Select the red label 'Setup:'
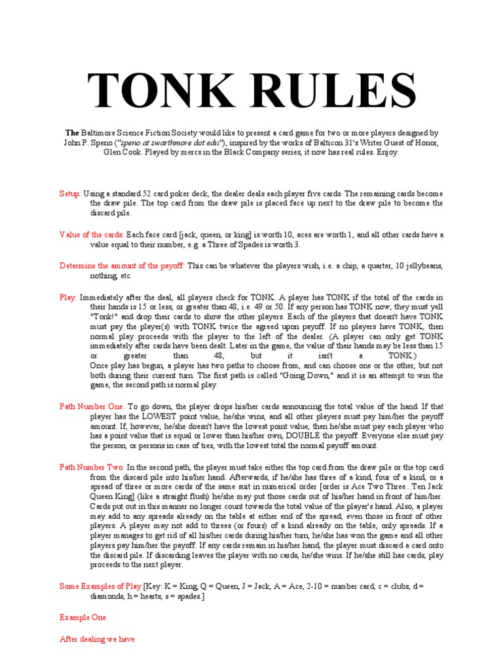point(70,194)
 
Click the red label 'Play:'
point(68,297)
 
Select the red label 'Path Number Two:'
point(92,467)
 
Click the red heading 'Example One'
point(83,617)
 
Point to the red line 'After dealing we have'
point(97,639)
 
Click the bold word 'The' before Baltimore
point(71,132)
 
